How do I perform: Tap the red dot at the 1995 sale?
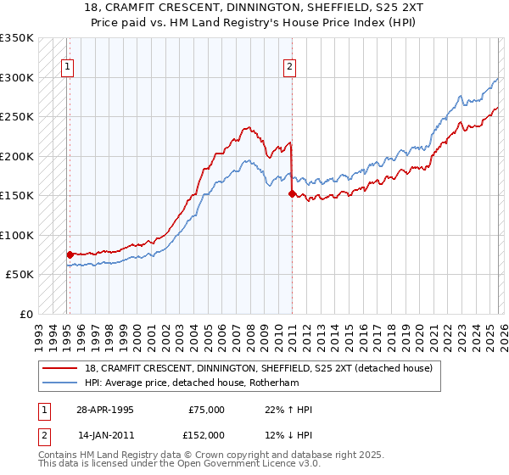coord(70,254)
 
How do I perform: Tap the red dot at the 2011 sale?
coord(292,193)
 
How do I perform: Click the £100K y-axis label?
coord(17,235)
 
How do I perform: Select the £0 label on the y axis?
coord(25,314)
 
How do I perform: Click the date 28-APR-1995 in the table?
coord(105,410)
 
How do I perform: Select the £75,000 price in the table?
coord(206,410)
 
